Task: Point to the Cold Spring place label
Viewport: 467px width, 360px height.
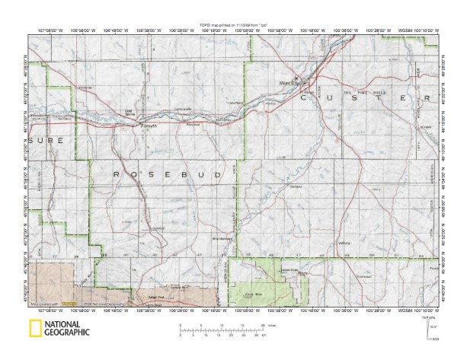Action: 130,113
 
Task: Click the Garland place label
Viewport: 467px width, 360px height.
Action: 296,186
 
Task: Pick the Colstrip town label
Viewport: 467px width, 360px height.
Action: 158,228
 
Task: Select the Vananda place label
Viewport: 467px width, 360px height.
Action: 85,90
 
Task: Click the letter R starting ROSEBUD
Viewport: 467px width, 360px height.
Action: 117,174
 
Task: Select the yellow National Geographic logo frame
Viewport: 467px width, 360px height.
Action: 35,330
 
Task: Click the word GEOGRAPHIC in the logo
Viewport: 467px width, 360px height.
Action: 67,333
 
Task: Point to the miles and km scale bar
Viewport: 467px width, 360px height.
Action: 222,329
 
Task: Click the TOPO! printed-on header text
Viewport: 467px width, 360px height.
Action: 232,26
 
